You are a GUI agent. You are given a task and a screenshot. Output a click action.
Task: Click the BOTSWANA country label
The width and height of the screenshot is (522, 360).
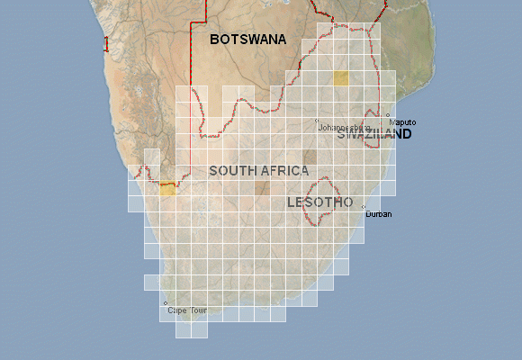pyautogui.click(x=247, y=40)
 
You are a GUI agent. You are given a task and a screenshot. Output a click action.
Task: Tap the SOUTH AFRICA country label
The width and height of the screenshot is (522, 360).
pyautogui.click(x=258, y=170)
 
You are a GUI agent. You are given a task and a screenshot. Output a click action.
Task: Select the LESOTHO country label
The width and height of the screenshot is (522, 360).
pyautogui.click(x=319, y=202)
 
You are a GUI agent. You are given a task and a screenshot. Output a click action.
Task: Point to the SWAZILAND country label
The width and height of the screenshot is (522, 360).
pyautogui.click(x=374, y=134)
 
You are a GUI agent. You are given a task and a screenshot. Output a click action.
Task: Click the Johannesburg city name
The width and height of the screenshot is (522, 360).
pyautogui.click(x=345, y=128)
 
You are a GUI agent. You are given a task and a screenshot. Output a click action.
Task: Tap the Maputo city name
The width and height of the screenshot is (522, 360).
pyautogui.click(x=402, y=122)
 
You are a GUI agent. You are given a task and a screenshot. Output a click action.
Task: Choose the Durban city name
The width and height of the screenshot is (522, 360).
pyautogui.click(x=379, y=214)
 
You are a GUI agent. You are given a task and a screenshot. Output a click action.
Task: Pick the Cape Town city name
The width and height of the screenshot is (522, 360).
pyautogui.click(x=187, y=310)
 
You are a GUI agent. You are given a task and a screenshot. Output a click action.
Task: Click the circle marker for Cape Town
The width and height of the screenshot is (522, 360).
pyautogui.click(x=165, y=302)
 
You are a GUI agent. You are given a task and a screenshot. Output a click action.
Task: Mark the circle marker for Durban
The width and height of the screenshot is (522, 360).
pyautogui.click(x=364, y=207)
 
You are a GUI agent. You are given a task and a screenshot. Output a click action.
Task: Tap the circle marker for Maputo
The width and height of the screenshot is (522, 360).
pyautogui.click(x=388, y=115)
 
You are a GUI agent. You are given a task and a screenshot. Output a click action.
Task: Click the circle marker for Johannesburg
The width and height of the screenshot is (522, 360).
pyautogui.click(x=317, y=120)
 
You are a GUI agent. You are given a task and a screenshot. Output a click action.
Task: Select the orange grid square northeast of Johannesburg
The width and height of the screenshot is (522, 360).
pyautogui.click(x=340, y=78)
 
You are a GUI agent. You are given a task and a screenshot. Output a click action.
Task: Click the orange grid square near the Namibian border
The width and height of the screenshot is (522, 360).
pyautogui.click(x=167, y=188)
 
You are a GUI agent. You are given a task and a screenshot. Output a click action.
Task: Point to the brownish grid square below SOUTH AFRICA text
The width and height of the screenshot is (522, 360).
pyautogui.click(x=262, y=188)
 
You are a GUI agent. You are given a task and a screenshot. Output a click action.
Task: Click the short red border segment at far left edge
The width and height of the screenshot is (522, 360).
pyautogui.click(x=105, y=42)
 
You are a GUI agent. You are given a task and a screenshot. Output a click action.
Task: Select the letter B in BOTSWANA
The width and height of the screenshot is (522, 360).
pyautogui.click(x=215, y=40)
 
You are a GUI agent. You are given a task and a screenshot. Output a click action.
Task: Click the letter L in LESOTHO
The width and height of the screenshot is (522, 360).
pyautogui.click(x=291, y=202)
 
